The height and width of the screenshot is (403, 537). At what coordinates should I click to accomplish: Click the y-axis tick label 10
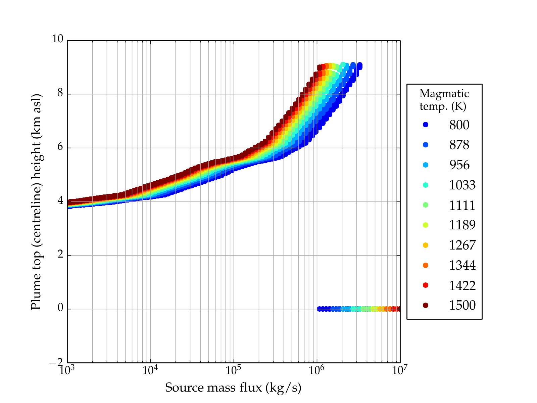pos(57,39)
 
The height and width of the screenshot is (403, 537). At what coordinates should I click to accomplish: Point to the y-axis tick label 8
pos(60,93)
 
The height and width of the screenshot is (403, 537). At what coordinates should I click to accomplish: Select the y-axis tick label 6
pos(60,147)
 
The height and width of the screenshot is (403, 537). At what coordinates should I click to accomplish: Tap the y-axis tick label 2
pos(60,254)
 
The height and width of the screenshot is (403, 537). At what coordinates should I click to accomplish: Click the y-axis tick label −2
pos(56,362)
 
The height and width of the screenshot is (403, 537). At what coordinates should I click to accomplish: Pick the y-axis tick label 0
pos(60,308)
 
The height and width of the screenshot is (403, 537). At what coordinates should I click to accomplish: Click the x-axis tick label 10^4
pos(150,370)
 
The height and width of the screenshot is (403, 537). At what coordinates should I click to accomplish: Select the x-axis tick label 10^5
pos(233,370)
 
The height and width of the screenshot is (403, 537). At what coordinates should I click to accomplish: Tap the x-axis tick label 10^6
pos(316,370)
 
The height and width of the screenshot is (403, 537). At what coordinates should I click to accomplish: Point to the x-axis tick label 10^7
pos(400,370)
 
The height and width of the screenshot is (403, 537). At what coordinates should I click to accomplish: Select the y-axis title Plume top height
pos(36,201)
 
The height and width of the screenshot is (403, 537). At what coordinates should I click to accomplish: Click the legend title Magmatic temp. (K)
pos(444,99)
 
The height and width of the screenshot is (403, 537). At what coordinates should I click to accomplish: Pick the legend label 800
pos(459,125)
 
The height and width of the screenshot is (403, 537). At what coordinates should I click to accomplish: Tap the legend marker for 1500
pos(426,305)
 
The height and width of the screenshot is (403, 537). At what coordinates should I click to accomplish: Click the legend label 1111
pos(462,205)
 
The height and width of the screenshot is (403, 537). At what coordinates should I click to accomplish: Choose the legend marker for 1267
pos(426,245)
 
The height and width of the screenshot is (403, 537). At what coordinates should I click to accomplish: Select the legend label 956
pos(459,165)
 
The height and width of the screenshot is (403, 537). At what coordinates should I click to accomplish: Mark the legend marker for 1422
pos(426,285)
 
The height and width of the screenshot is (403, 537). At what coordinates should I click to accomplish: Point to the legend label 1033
pos(462,185)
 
